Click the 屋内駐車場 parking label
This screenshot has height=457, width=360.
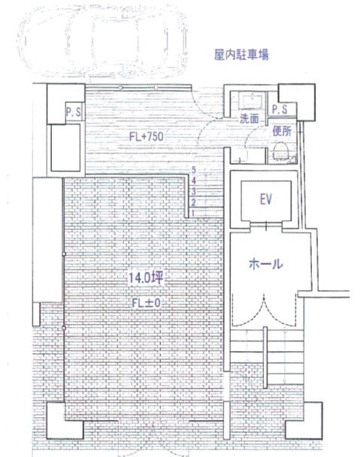click(241, 55)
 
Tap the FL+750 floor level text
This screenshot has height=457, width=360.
click(147, 136)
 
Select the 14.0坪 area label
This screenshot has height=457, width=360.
click(146, 278)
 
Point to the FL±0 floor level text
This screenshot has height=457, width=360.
click(146, 303)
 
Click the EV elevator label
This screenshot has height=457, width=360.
click(266, 200)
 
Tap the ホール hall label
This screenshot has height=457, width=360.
click(265, 264)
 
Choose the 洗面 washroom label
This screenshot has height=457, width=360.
click(250, 118)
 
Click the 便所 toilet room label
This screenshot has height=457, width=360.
click(282, 131)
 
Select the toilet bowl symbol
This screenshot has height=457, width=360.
click(281, 152)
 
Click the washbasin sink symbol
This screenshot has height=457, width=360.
click(250, 100)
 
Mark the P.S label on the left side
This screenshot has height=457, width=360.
click(74, 112)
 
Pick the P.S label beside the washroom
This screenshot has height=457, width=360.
click(280, 109)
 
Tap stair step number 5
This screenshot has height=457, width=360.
click(194, 170)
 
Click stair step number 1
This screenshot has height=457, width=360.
click(193, 213)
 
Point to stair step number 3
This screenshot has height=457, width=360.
click(194, 192)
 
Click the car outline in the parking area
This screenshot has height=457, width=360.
click(102, 42)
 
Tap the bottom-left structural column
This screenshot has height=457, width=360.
click(65, 421)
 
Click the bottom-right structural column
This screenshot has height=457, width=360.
click(304, 421)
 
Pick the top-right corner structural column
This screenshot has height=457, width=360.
click(297, 102)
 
